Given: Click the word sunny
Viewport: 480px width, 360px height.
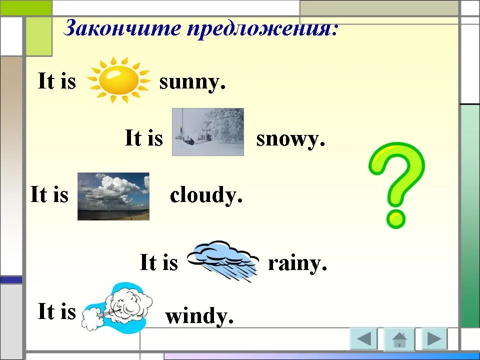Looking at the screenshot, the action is (x=192, y=82).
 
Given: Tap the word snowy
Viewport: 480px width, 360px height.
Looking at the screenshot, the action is (x=290, y=139).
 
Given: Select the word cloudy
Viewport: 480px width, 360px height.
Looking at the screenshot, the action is (x=206, y=195).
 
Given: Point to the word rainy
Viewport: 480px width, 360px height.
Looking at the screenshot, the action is (x=297, y=263).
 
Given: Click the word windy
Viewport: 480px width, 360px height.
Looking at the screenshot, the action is (x=199, y=315).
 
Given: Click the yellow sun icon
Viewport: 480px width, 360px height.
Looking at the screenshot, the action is (x=119, y=80).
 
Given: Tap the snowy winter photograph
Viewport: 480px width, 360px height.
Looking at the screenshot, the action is (x=208, y=132).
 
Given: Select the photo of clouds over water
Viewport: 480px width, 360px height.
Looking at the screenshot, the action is (x=113, y=196).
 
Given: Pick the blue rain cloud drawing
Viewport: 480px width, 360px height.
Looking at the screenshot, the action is (x=223, y=261).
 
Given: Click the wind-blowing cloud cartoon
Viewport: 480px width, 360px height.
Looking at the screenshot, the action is (x=117, y=306).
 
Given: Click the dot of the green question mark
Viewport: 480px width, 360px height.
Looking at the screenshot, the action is (x=396, y=218).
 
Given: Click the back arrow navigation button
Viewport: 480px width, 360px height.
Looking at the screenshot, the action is (x=363, y=338).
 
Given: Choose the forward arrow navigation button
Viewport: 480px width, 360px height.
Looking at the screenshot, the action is (x=434, y=338).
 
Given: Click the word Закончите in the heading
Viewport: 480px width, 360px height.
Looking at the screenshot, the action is (x=122, y=28).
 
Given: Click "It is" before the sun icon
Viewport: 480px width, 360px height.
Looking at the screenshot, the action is (x=56, y=80).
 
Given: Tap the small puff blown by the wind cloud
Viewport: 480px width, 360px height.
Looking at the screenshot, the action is (x=91, y=319).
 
